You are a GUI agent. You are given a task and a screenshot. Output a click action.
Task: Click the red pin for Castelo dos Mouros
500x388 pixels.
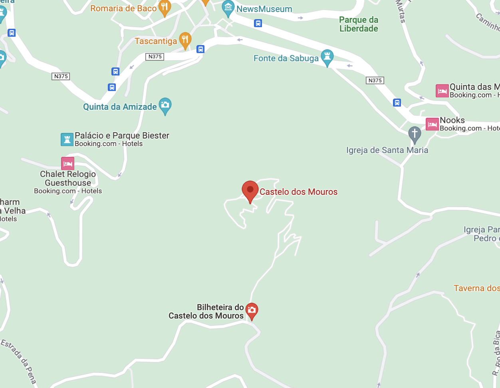(x=250, y=190)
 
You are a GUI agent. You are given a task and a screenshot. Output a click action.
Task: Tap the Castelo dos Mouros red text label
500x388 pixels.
(x=298, y=192)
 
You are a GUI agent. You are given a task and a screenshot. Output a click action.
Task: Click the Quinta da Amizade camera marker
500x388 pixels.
(x=165, y=105)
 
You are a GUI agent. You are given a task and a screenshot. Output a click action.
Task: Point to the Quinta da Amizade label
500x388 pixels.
(x=120, y=107)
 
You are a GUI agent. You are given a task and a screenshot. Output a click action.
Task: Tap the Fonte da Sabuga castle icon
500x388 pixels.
(x=327, y=57)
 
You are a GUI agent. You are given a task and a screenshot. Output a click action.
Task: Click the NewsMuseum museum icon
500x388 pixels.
(x=228, y=8)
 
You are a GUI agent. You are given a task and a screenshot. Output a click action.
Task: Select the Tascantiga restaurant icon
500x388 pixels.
(x=185, y=40)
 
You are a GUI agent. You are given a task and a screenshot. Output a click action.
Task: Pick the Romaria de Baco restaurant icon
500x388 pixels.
(x=165, y=8)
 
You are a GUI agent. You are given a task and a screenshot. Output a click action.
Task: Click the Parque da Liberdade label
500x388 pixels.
(x=359, y=24)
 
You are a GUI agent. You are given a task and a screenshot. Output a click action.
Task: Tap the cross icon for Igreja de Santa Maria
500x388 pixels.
(x=415, y=134)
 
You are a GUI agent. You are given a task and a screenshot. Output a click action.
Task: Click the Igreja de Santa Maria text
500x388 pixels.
(x=387, y=150)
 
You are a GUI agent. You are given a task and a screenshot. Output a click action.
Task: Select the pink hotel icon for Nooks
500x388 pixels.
(x=432, y=124)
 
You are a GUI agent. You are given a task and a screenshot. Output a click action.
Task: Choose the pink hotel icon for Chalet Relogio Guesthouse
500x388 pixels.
(x=67, y=163)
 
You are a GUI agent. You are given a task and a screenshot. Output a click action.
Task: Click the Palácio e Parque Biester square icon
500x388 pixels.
(x=67, y=139)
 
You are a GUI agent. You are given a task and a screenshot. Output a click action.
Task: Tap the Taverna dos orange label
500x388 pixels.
(x=476, y=288)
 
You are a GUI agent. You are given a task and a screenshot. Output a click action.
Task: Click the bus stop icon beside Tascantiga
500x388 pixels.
(x=200, y=49)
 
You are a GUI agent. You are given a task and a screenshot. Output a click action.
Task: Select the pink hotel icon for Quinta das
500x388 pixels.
(x=442, y=91)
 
